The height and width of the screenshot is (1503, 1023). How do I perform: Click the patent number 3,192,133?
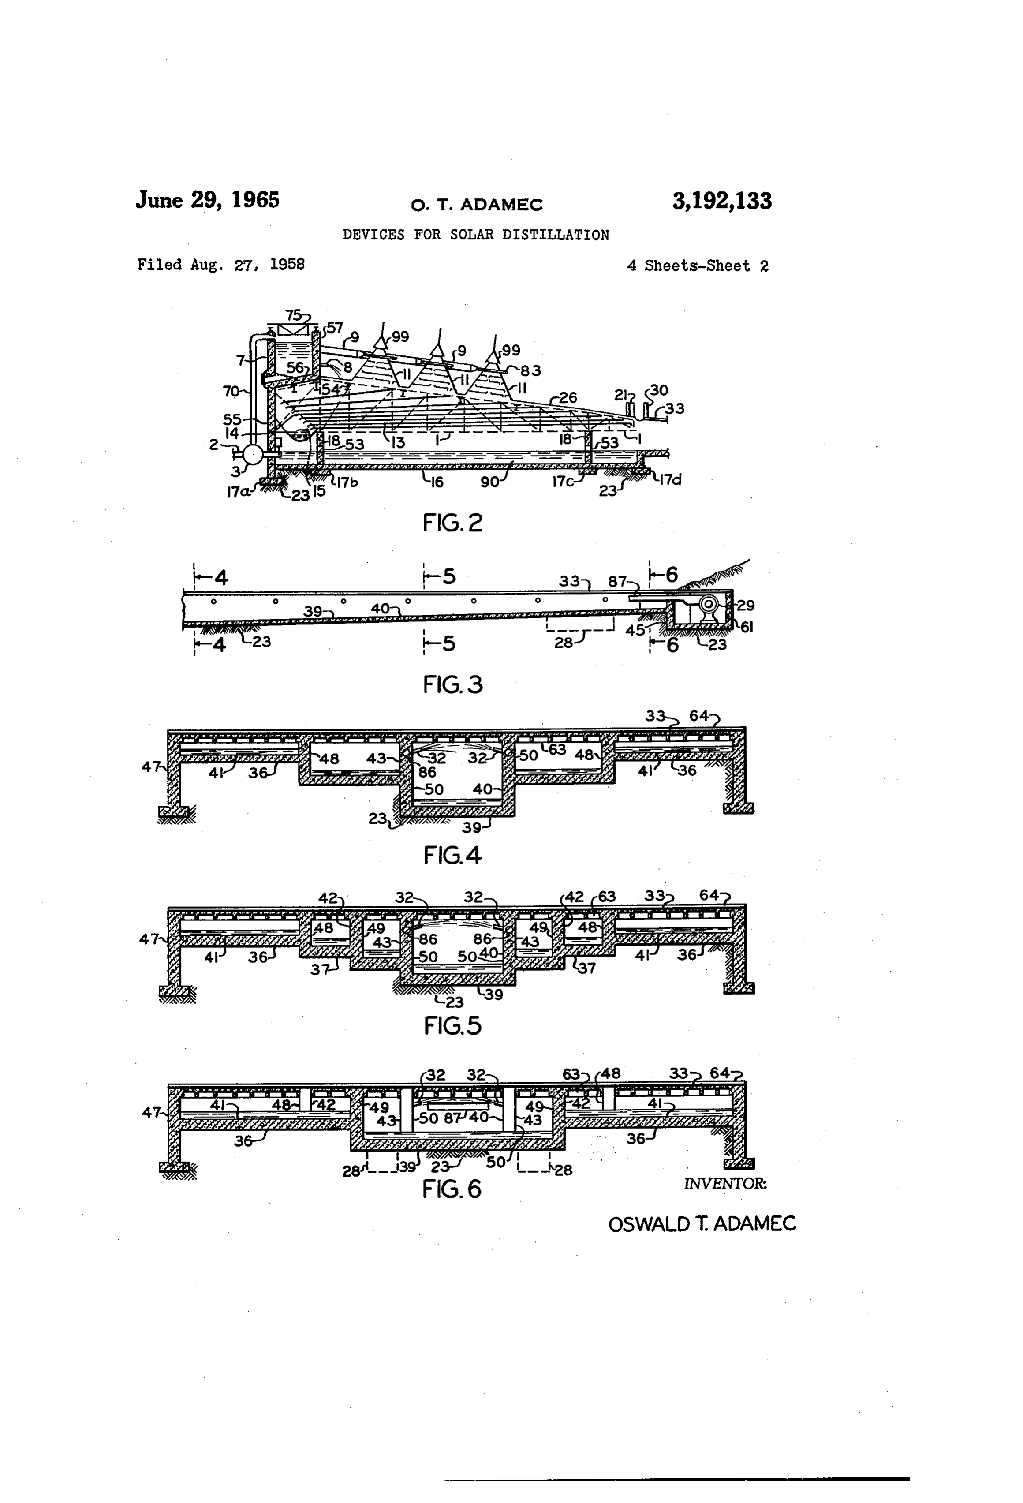click(722, 201)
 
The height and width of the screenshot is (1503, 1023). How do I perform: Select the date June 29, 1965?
click(208, 200)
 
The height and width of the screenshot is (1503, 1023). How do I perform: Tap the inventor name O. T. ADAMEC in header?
click(477, 205)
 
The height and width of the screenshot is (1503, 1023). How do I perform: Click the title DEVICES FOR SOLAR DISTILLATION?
click(476, 235)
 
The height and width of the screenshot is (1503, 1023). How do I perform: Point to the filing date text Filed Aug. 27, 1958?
click(221, 265)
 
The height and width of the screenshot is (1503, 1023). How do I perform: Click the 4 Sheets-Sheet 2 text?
click(698, 266)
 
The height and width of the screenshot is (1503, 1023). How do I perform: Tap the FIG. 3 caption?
click(453, 684)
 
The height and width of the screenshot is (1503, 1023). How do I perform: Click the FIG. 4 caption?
click(453, 856)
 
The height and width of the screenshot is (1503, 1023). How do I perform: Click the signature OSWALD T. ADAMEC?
click(702, 1224)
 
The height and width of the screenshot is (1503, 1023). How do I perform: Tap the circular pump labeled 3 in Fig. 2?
click(253, 454)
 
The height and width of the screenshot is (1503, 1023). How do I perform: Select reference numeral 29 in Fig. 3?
click(746, 606)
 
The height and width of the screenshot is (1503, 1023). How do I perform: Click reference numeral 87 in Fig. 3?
click(617, 581)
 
